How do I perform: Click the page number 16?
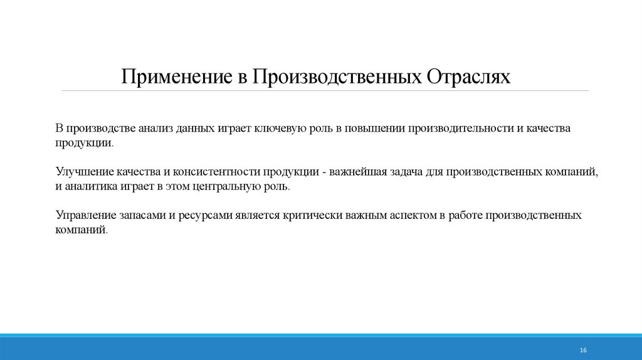click(583, 349)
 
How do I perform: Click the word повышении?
click(373, 128)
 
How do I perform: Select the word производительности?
click(461, 128)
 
